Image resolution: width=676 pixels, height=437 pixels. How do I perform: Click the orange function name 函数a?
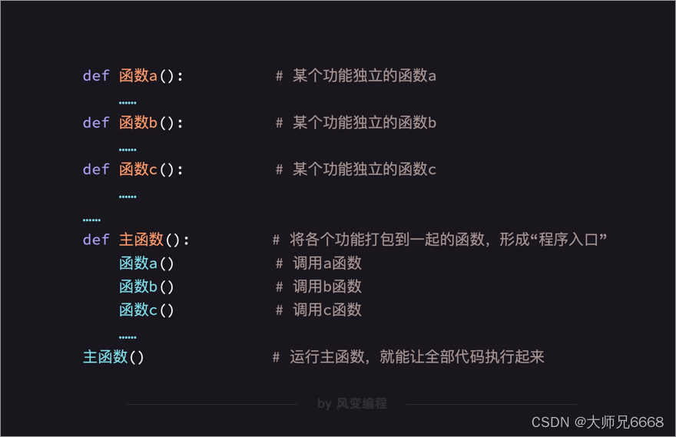tap(138, 76)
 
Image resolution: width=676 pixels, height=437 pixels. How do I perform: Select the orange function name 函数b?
tap(138, 123)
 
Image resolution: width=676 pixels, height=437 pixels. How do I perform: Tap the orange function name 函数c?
tap(138, 170)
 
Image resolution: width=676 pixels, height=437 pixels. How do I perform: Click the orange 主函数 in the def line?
tap(141, 240)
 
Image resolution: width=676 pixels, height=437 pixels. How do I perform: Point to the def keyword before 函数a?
tap(96, 76)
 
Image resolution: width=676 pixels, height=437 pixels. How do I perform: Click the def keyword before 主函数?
tap(96, 240)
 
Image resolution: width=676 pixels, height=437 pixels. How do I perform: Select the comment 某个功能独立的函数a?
tap(364, 76)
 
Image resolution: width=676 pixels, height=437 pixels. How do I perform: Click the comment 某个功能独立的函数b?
tap(364, 123)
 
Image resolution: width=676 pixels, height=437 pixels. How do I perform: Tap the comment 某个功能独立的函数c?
tap(364, 170)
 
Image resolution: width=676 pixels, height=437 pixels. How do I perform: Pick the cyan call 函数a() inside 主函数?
tap(147, 264)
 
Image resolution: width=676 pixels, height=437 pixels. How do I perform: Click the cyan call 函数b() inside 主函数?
tap(147, 287)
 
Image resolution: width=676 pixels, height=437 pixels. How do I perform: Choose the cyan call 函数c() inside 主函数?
tap(147, 310)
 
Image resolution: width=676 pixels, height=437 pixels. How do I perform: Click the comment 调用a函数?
tap(326, 264)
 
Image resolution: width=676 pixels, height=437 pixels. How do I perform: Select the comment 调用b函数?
tap(326, 287)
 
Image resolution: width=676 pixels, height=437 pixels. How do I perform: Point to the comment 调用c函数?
tap(326, 310)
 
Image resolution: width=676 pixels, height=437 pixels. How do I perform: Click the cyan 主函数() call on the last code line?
tap(114, 357)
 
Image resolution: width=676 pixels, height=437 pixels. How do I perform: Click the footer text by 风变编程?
tap(352, 403)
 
